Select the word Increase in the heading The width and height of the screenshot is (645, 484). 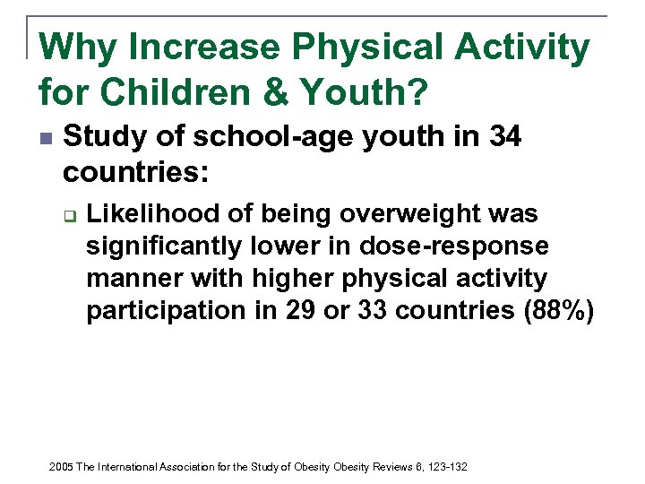(x=193, y=48)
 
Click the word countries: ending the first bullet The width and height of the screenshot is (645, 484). (x=136, y=171)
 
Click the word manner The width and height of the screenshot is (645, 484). (x=133, y=279)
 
